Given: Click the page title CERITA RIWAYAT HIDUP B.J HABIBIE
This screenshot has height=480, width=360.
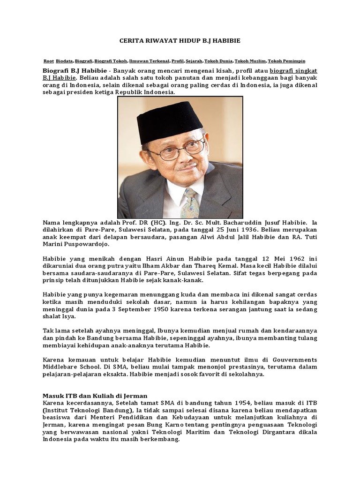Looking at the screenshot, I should click(180, 41).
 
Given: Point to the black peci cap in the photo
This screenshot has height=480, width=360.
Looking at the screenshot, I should click(169, 121).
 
